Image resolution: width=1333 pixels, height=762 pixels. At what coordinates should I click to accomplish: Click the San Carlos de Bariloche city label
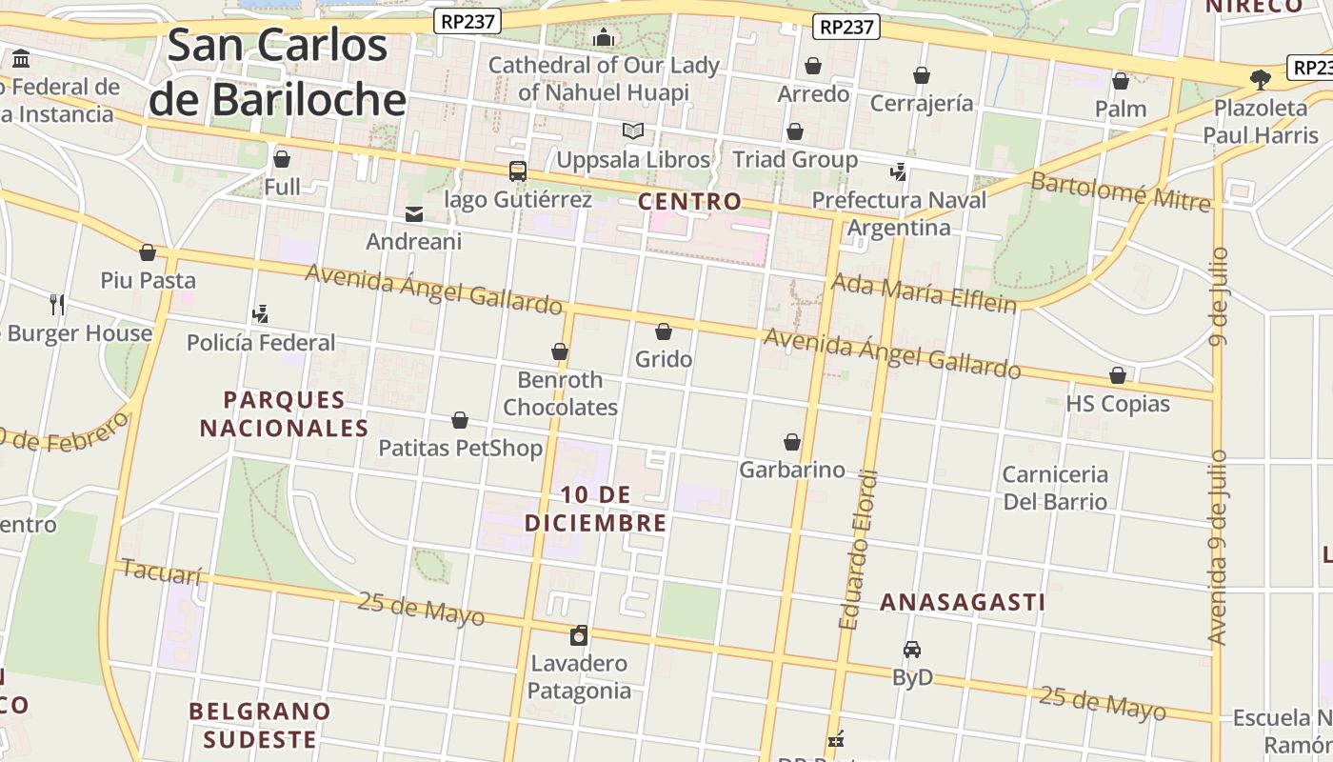click(278, 72)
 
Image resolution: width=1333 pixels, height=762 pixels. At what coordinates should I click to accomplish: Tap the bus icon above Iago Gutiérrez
click(517, 171)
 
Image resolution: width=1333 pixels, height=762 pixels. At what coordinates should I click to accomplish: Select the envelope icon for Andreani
click(414, 214)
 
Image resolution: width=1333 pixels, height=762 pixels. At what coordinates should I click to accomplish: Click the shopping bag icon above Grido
click(664, 331)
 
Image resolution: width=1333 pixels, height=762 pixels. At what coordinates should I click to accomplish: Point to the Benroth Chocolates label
click(560, 393)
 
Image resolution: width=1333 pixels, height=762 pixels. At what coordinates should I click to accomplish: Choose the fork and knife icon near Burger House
click(57, 305)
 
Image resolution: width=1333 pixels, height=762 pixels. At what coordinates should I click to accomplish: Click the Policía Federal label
click(261, 343)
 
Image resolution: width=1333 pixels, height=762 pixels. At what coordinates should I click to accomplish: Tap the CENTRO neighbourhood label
click(689, 201)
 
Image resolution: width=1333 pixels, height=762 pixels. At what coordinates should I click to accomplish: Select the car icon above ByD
click(911, 650)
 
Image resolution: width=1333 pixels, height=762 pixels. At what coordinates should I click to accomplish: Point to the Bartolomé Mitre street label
click(1121, 190)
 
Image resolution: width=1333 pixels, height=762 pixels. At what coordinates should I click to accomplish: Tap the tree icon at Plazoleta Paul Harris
click(1261, 79)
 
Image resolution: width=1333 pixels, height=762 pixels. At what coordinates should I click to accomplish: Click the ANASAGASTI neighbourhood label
click(962, 602)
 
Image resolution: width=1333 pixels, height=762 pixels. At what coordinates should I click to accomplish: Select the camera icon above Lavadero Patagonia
click(579, 635)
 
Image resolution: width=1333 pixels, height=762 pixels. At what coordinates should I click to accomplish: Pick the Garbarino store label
click(791, 470)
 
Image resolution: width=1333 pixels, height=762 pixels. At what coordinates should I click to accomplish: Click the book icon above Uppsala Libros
click(633, 131)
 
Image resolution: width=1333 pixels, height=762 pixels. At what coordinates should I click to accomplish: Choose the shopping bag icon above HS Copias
click(1117, 376)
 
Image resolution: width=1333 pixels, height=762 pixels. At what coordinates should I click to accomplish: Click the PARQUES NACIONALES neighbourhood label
click(284, 413)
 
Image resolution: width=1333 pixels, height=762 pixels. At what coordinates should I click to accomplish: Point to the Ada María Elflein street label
click(924, 292)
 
